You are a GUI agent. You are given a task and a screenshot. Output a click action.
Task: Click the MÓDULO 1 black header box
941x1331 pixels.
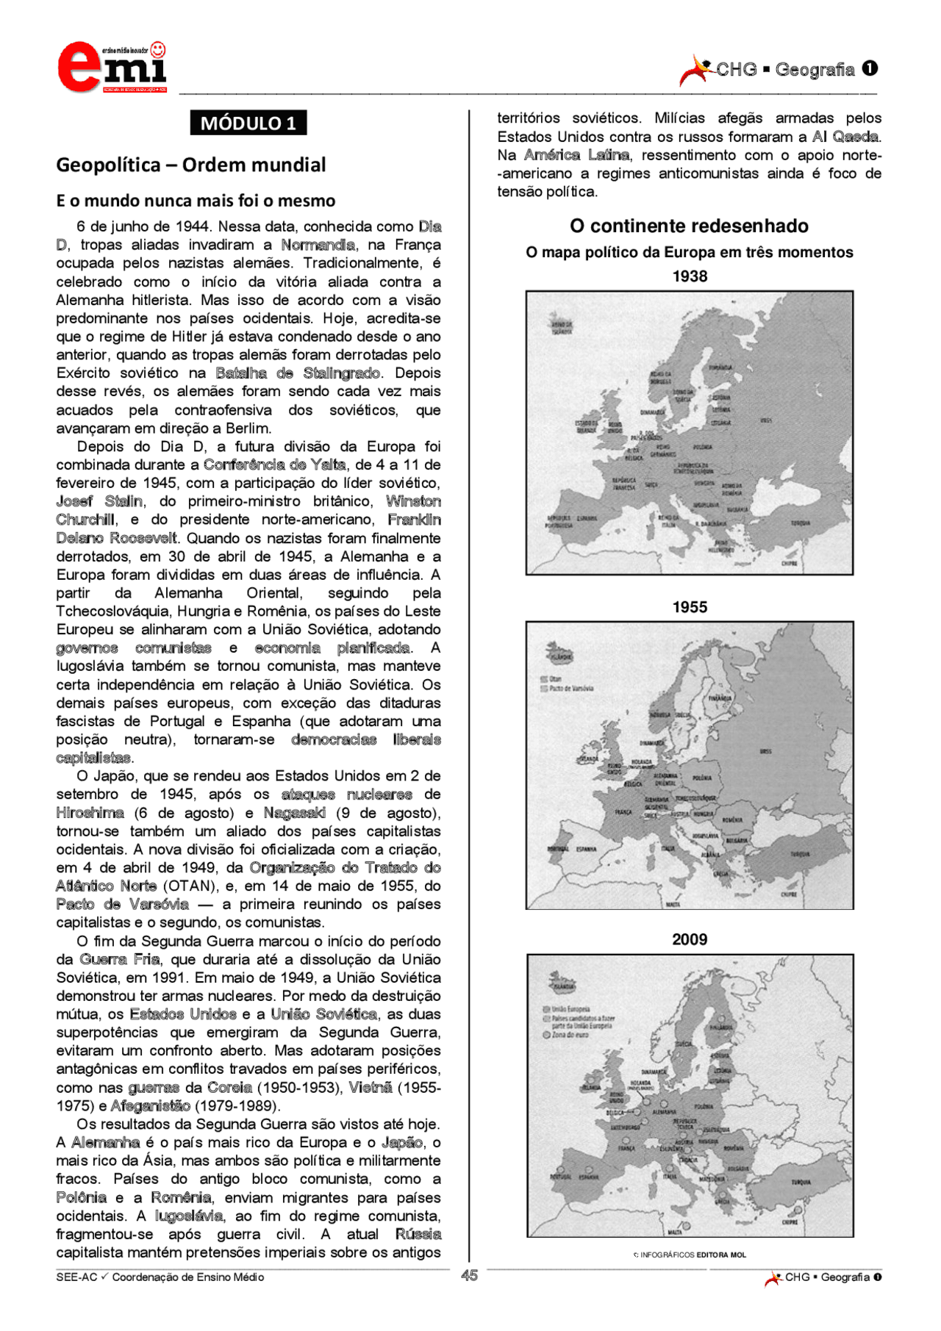[248, 123]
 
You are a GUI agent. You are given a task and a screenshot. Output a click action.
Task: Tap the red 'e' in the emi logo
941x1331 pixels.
[79, 68]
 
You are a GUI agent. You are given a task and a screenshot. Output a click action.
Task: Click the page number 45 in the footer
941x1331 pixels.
[469, 1275]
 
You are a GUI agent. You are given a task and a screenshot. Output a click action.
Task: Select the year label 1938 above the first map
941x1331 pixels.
[689, 276]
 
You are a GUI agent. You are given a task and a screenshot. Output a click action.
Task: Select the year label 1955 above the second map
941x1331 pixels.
[689, 607]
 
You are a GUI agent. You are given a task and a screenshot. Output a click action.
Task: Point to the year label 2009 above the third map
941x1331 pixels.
[689, 939]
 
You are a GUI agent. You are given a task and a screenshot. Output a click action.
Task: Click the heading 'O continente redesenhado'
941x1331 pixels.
[689, 226]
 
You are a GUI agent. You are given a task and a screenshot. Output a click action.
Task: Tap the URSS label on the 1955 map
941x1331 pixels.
[765, 752]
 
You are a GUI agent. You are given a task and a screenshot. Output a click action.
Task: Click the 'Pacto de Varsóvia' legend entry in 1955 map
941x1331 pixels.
[570, 689]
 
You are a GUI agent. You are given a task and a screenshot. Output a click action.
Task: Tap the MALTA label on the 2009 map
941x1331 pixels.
[674, 1232]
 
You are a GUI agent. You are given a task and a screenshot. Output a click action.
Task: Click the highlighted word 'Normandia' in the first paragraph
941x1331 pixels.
[318, 245]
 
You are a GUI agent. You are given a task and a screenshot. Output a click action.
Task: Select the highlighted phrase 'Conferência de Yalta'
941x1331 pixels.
[274, 464]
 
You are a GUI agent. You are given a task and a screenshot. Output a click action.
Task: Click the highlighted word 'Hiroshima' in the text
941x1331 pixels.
[90, 813]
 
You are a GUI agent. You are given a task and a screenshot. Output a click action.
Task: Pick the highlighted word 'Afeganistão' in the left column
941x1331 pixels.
[151, 1105]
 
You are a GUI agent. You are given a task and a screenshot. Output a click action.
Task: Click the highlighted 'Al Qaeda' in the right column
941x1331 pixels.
[845, 137]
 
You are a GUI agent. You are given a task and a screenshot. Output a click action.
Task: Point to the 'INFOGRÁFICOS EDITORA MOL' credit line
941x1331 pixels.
[692, 1255]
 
